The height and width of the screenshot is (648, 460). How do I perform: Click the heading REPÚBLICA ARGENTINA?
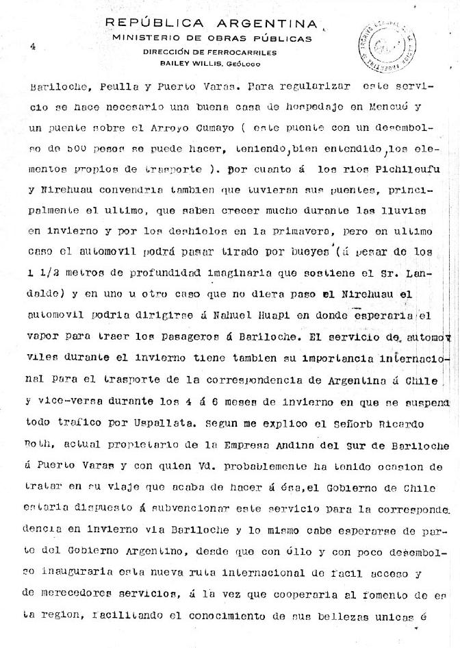[x=211, y=24]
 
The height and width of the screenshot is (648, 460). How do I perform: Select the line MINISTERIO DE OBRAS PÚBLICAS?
[x=212, y=38]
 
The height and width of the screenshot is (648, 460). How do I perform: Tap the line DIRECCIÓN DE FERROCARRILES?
[x=209, y=52]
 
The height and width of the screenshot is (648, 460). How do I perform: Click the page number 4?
[x=32, y=45]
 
